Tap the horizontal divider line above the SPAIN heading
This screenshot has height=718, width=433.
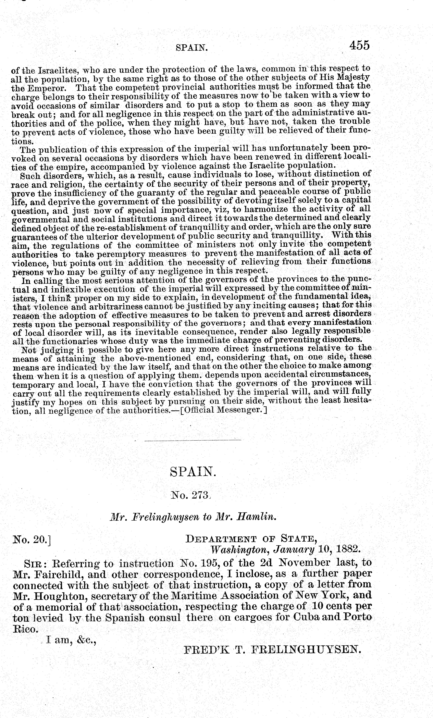193,440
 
